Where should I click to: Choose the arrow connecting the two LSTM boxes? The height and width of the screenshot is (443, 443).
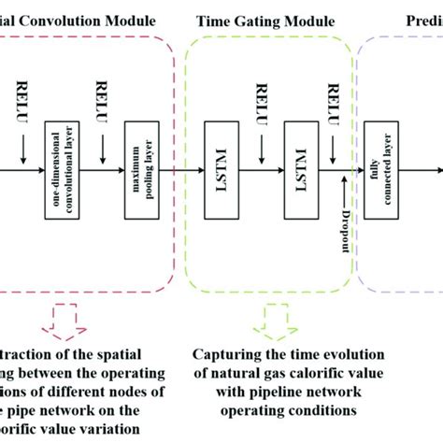(x=259, y=171)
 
